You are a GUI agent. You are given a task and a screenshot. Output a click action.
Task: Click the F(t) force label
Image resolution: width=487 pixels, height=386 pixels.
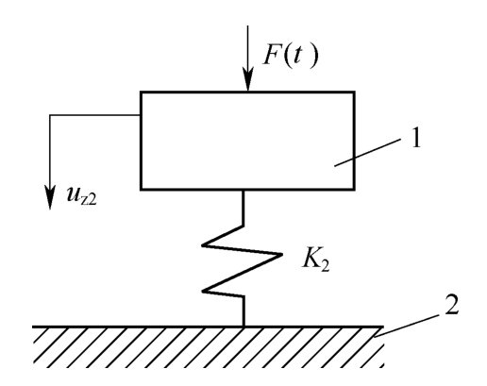[x=291, y=56]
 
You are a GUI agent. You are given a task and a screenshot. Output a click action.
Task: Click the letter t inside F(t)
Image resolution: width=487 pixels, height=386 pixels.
[x=294, y=56]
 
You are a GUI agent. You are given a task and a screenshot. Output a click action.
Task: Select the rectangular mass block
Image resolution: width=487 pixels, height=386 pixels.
[x=247, y=141]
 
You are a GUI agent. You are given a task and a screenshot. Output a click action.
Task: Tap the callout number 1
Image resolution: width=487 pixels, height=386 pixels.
[x=416, y=139]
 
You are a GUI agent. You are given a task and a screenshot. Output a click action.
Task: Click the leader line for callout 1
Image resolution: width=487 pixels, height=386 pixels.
[x=368, y=152]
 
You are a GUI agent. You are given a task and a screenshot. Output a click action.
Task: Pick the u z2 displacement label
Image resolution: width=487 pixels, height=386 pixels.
[x=81, y=195]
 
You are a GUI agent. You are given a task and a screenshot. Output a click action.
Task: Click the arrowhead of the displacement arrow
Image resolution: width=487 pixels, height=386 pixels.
[x=50, y=197]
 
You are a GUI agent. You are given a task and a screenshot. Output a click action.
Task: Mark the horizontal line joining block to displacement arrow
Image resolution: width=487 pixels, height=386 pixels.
[x=94, y=115]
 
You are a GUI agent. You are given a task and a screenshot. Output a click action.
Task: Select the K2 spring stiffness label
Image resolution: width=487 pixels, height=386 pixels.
[x=315, y=260]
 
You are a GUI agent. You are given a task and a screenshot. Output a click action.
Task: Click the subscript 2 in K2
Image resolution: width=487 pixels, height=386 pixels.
[x=325, y=266]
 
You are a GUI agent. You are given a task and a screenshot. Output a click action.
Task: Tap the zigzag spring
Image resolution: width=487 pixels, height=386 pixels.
[x=243, y=260]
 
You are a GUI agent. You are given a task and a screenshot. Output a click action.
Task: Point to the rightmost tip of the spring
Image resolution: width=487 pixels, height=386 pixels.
[x=281, y=254]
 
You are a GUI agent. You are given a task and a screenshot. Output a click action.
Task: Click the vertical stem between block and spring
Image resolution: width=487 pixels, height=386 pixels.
[x=243, y=208]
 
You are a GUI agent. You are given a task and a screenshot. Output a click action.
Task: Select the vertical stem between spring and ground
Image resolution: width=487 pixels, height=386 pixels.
[x=243, y=311]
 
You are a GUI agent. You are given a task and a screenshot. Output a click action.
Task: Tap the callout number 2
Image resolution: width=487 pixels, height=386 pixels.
[x=451, y=305]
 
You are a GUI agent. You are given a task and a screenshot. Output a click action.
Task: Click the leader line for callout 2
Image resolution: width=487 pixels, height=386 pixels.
[x=407, y=326]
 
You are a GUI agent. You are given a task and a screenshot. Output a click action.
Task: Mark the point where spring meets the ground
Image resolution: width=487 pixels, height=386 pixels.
[x=243, y=327]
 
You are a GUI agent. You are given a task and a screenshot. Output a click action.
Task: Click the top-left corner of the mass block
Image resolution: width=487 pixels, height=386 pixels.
[x=141, y=92]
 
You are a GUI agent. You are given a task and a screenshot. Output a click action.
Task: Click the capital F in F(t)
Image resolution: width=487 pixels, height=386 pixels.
[x=272, y=56]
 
